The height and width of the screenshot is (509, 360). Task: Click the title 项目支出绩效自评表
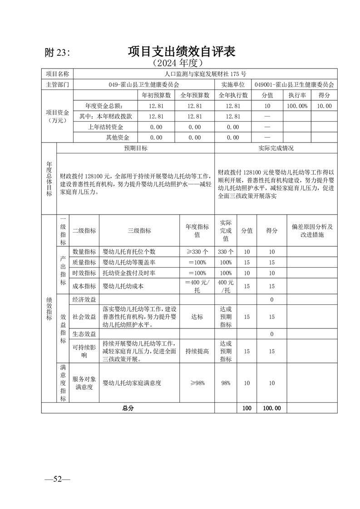pyautogui.click(x=181, y=51)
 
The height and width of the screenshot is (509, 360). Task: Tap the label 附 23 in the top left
pyautogui.click(x=58, y=53)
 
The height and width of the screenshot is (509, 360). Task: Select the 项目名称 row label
pyautogui.click(x=58, y=74)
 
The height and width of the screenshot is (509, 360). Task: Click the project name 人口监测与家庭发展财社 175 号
pyautogui.click(x=205, y=74)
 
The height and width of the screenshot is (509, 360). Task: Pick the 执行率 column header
pyautogui.click(x=297, y=95)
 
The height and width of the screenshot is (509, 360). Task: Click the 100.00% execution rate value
pyautogui.click(x=297, y=106)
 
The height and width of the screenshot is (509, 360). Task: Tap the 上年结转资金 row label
pyautogui.click(x=105, y=127)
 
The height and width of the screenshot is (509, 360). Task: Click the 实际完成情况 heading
pyautogui.click(x=276, y=148)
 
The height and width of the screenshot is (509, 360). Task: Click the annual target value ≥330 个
pyautogui.click(x=197, y=252)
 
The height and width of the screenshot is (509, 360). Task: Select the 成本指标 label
pyautogui.click(x=84, y=286)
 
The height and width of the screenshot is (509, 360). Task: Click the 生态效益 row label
pyautogui.click(x=84, y=334)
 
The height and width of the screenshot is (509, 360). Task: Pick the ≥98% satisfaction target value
pyautogui.click(x=197, y=383)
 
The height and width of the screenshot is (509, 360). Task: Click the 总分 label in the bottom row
pyautogui.click(x=128, y=408)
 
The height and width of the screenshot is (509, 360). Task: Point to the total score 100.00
pyautogui.click(x=271, y=408)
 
